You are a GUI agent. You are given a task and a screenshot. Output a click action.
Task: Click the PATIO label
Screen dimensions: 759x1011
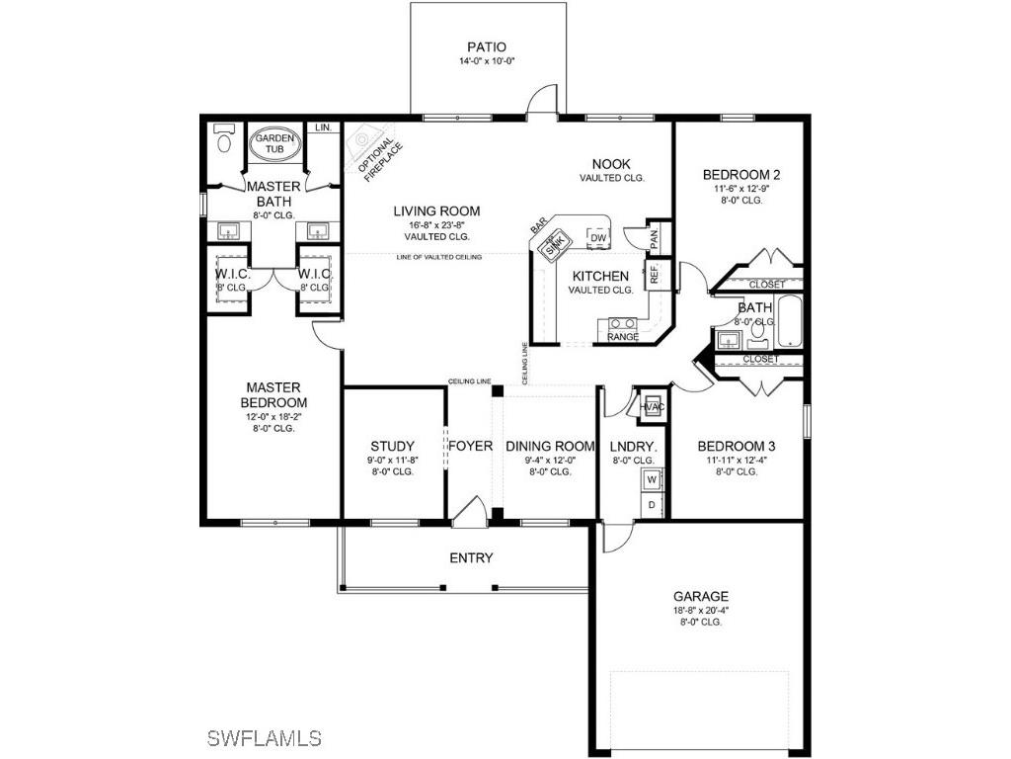point(487,46)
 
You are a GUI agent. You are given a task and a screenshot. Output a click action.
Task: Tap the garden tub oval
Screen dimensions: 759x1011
point(273,144)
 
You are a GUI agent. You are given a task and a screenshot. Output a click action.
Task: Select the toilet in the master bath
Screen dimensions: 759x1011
point(223,141)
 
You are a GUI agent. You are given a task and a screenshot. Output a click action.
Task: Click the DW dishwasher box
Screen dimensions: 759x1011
point(597,237)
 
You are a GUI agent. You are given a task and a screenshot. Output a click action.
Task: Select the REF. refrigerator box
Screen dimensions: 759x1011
point(654,274)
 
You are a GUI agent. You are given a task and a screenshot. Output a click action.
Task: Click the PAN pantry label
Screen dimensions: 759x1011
point(654,237)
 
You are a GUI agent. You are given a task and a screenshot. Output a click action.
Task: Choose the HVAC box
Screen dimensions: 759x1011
point(651,406)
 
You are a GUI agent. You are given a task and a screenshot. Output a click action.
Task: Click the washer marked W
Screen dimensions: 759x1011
point(651,480)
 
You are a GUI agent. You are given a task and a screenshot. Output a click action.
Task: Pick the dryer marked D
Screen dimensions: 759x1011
point(651,505)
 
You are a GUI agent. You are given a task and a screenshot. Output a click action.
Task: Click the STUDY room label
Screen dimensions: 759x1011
point(392,447)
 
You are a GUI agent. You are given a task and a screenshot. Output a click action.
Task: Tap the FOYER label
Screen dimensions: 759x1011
point(471,447)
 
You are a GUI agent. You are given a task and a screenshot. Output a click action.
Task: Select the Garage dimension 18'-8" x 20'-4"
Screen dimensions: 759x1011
point(701,610)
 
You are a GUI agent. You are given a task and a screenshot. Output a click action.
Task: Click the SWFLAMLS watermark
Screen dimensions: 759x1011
point(265,737)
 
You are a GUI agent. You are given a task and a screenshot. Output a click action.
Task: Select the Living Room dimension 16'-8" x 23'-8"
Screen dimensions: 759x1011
point(436,224)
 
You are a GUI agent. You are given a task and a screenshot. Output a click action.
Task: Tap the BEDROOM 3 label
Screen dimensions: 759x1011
point(732,445)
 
